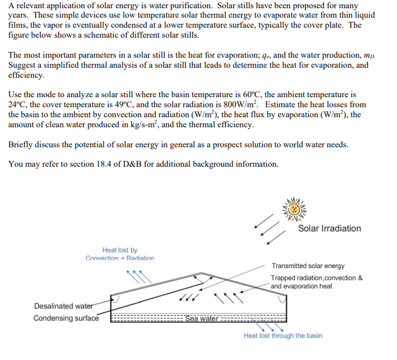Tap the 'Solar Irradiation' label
329,229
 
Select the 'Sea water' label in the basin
202,319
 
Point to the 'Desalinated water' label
62,306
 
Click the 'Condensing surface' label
66,319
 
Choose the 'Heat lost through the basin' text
283,336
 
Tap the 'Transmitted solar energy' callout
308,266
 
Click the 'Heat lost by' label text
120,250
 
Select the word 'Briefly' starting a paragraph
21,144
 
